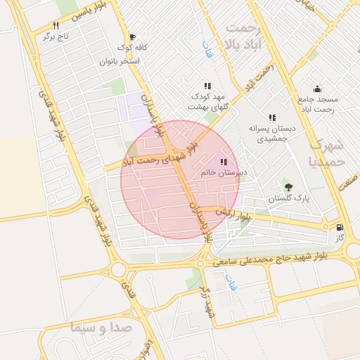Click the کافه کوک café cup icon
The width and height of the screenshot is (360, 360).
132,37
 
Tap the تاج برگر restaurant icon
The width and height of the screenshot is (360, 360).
65,25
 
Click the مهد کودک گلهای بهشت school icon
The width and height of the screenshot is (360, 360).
207,86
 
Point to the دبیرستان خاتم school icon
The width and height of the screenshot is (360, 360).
224,162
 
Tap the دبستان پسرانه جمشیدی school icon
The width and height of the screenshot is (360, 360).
271,117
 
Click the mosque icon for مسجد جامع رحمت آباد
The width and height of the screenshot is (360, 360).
317,89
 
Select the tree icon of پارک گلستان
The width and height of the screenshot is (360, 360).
288,186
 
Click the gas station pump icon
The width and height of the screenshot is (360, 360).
340,228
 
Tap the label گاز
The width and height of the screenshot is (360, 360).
340,239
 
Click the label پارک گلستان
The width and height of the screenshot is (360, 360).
289,199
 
